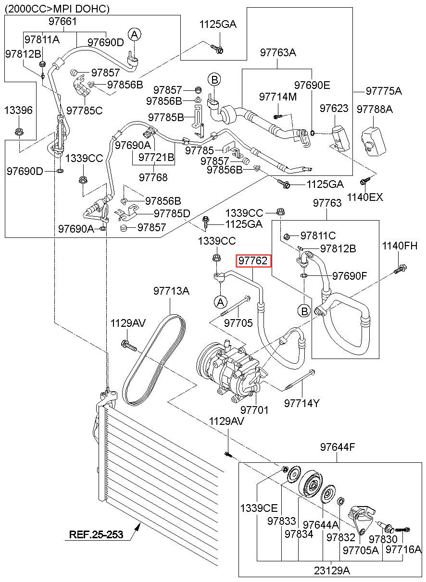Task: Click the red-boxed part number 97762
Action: tap(253, 260)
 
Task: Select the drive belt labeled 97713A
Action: tap(154, 360)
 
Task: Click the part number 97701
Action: tap(254, 410)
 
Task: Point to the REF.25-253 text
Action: tap(96, 534)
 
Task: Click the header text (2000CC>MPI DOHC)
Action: tap(57, 9)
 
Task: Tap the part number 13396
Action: tap(18, 110)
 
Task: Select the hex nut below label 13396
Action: tap(18, 132)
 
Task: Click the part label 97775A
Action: tap(384, 91)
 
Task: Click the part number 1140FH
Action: tap(400, 246)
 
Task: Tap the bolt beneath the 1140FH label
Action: tap(400, 269)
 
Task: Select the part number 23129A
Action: tap(332, 570)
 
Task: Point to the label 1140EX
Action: tap(365, 197)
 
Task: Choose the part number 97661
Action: tap(63, 21)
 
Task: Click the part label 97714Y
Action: tap(301, 403)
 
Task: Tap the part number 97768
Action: tap(153, 177)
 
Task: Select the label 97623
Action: tap(334, 108)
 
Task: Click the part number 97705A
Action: tap(361, 550)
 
